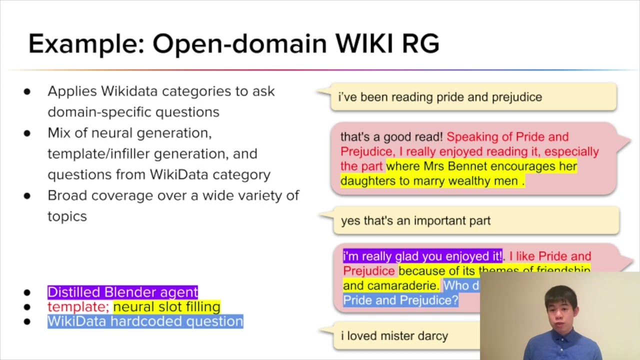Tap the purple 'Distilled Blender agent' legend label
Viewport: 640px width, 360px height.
pyautogui.click(x=122, y=292)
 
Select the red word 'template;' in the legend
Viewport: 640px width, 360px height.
pyautogui.click(x=78, y=306)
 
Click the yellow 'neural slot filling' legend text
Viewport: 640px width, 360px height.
pyautogui.click(x=166, y=306)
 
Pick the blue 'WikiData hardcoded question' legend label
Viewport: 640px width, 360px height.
pyautogui.click(x=145, y=321)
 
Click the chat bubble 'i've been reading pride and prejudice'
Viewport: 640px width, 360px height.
pyautogui.click(x=439, y=97)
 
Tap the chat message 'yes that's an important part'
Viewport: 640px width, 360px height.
pyautogui.click(x=415, y=221)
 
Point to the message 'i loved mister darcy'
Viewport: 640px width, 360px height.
pyautogui.click(x=394, y=336)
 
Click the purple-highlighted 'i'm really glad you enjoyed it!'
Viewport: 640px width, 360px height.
pyautogui.click(x=422, y=256)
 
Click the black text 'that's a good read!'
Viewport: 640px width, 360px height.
pyautogui.click(x=391, y=137)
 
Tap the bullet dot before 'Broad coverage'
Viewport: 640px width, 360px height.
pyautogui.click(x=27, y=196)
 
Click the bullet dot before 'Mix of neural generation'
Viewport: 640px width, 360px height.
pyautogui.click(x=27, y=133)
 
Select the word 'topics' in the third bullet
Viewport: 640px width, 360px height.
pyautogui.click(x=67, y=216)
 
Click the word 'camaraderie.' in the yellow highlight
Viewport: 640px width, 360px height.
pyautogui.click(x=390, y=285)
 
